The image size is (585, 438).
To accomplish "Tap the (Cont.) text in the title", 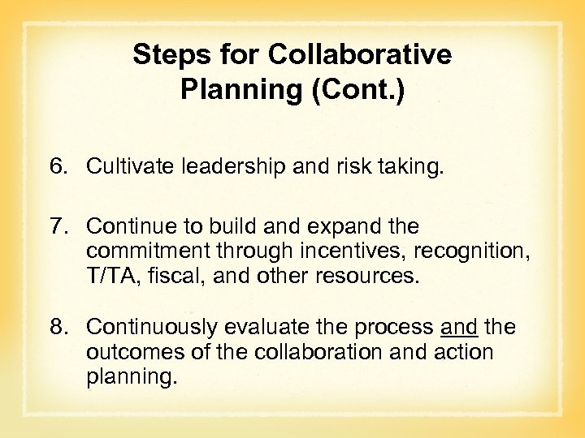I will click(x=357, y=89).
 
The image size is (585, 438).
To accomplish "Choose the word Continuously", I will click(x=152, y=326).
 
